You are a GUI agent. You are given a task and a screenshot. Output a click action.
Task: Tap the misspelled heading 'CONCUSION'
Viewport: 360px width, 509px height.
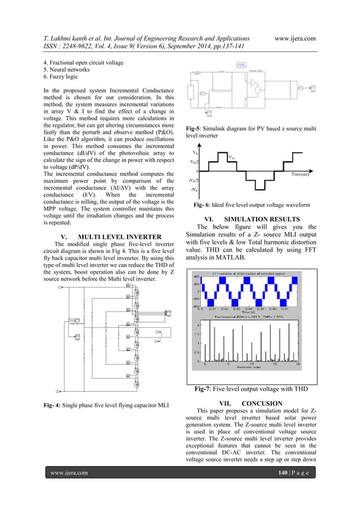pyautogui.click(x=261, y=403)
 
